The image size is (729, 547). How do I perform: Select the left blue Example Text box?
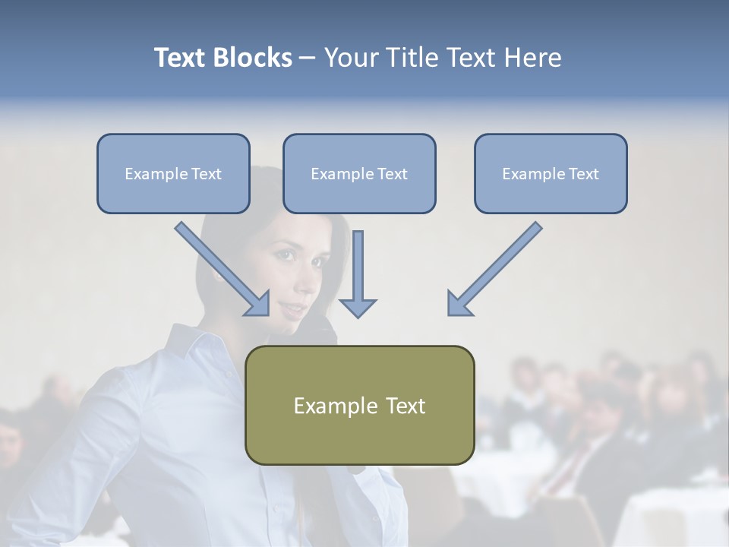[173, 173]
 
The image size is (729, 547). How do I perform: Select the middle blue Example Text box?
[359, 173]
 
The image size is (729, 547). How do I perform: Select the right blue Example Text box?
[551, 173]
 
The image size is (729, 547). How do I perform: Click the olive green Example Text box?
[359, 405]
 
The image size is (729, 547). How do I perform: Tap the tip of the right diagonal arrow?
[450, 313]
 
